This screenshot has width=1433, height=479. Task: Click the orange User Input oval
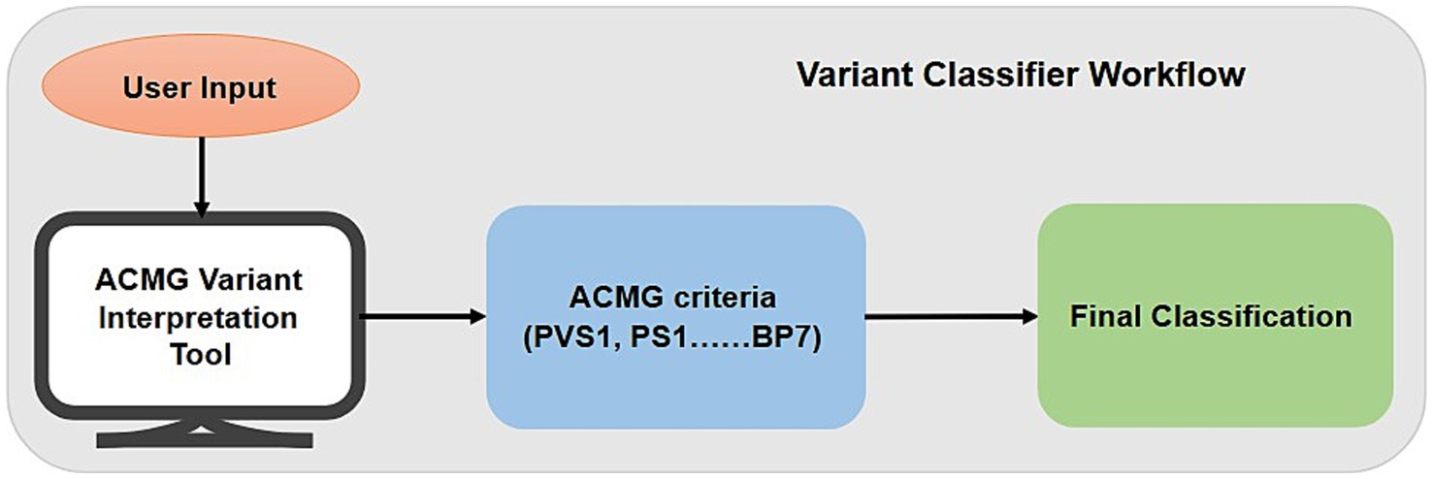201,87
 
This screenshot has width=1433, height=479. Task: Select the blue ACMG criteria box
674,316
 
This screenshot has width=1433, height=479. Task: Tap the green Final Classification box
1215,316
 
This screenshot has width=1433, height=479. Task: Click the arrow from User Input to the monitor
201,175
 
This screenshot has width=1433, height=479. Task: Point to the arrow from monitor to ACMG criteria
422,316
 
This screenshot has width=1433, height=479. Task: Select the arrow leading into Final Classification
951,316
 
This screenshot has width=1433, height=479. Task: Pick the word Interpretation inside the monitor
200,317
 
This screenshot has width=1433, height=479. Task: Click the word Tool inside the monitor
200,354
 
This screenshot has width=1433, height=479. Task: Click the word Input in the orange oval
239,88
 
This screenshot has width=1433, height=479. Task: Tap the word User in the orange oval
156,88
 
